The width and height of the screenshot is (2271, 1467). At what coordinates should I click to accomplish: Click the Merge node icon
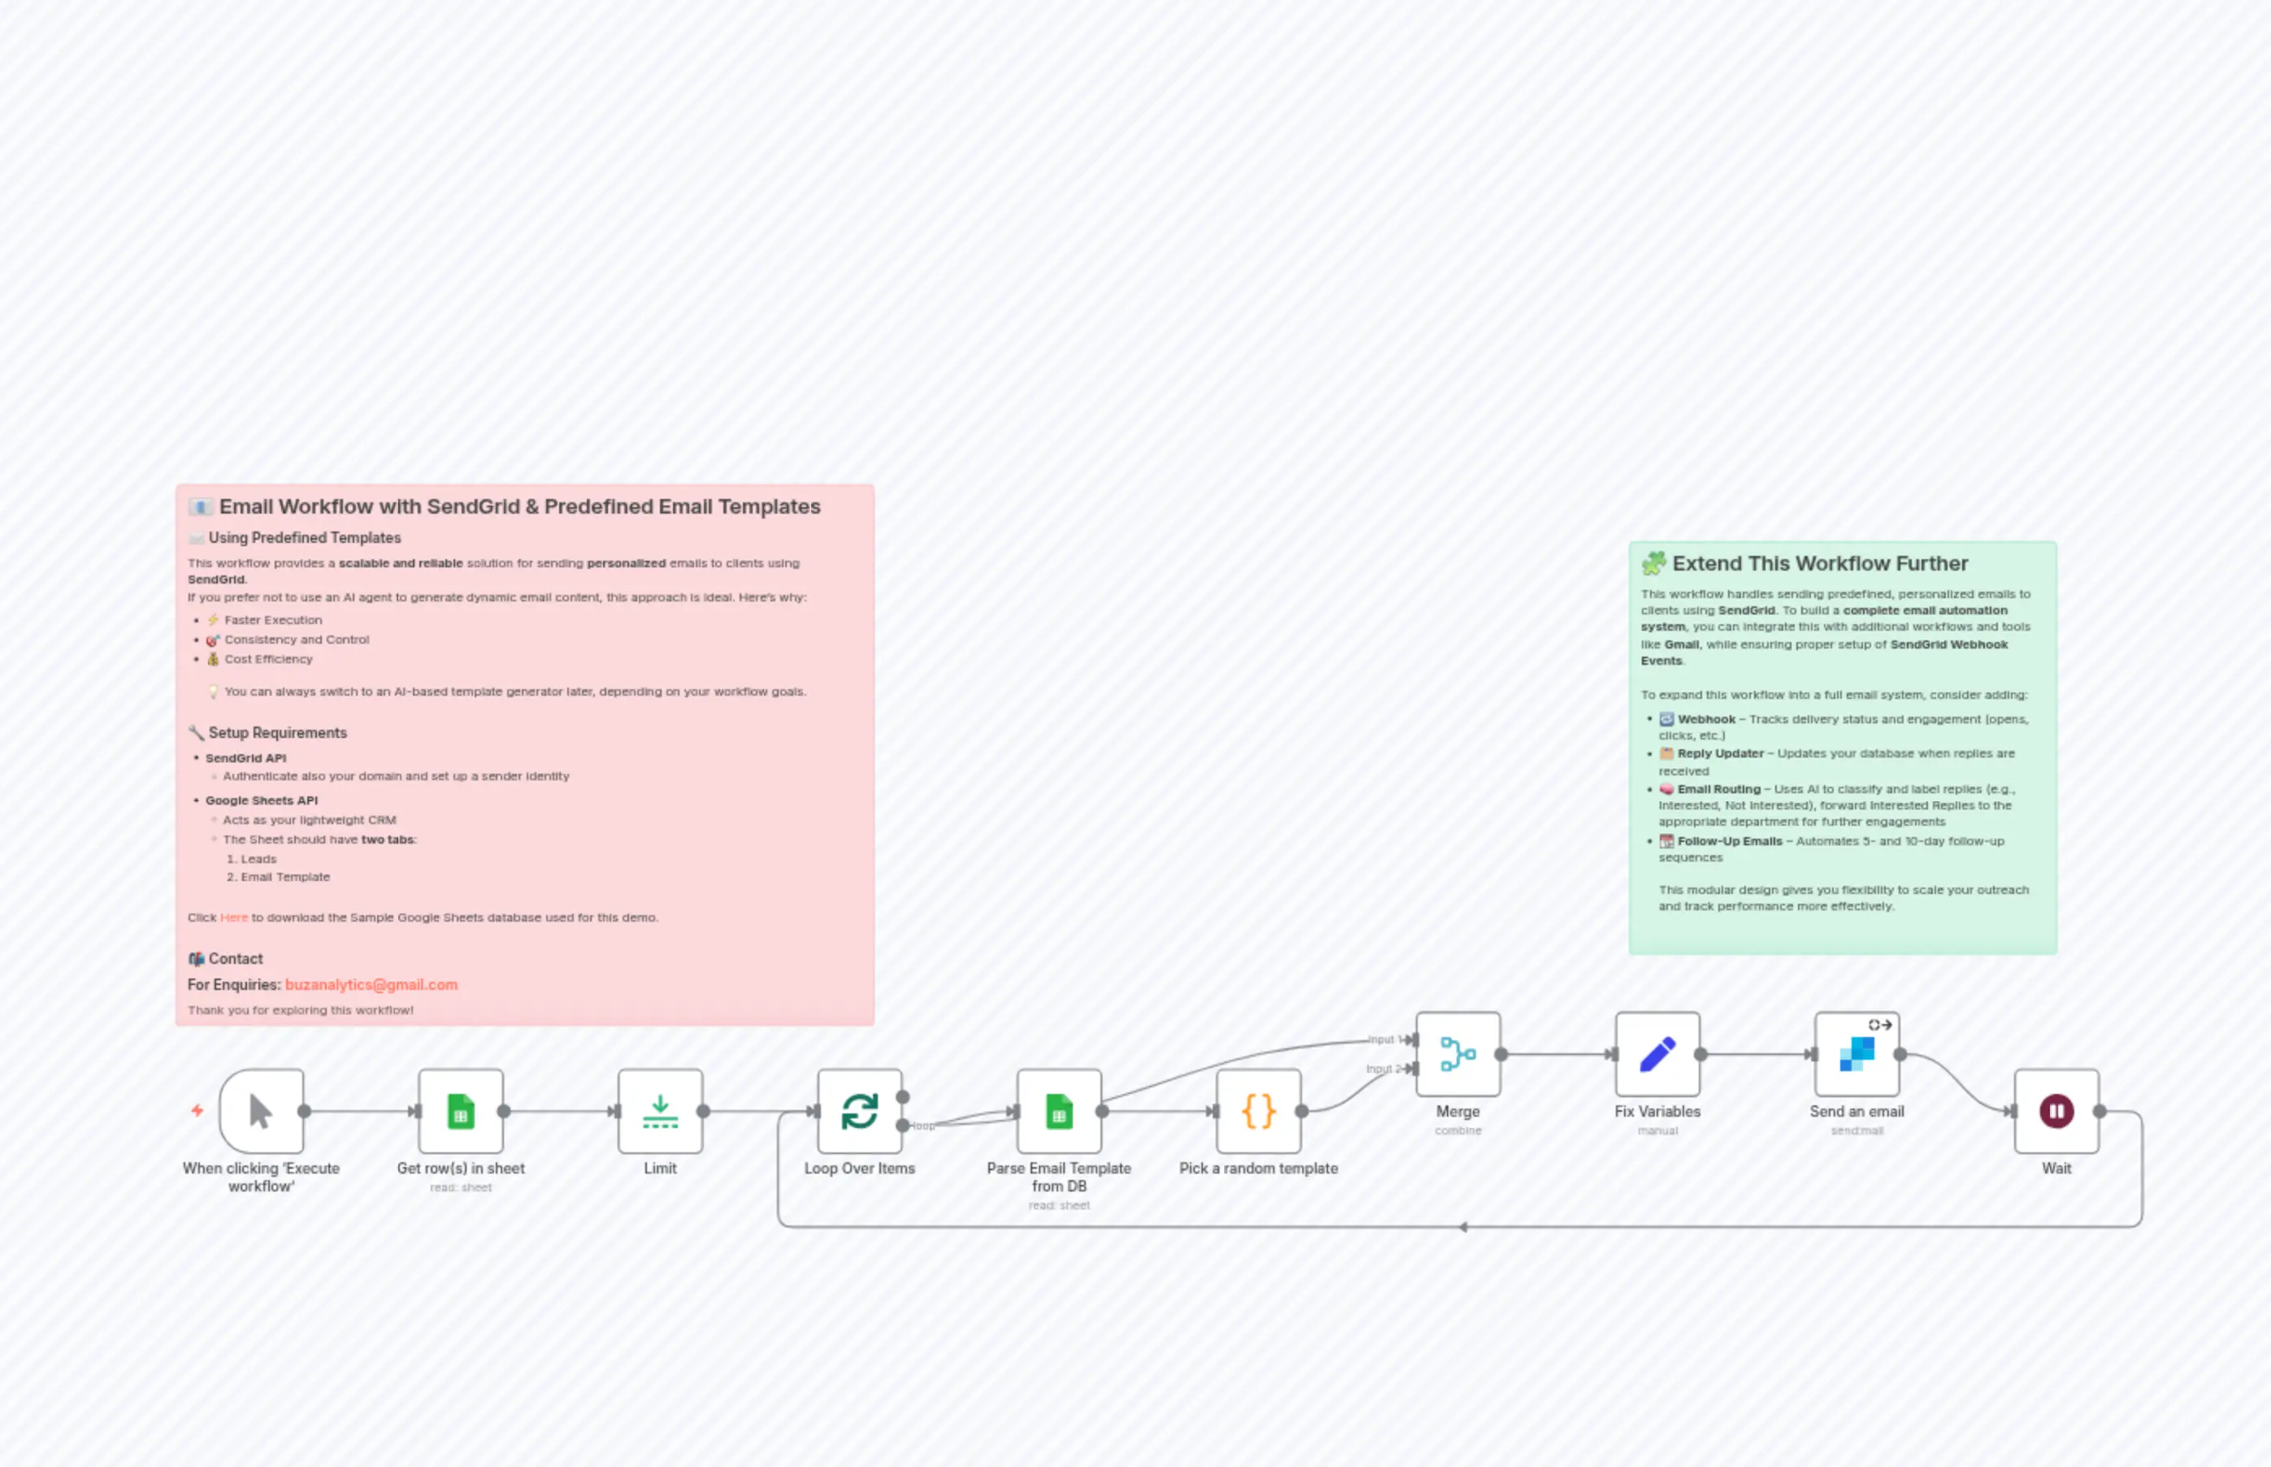(x=1457, y=1054)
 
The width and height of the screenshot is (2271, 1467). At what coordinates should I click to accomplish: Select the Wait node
(x=2056, y=1112)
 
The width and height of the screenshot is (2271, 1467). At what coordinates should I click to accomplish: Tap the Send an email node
(x=1856, y=1054)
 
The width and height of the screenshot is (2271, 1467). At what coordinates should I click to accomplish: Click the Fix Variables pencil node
(x=1657, y=1054)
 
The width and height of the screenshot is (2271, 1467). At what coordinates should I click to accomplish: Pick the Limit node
(x=659, y=1112)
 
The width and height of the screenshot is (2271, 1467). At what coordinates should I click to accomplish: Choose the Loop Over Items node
(x=859, y=1112)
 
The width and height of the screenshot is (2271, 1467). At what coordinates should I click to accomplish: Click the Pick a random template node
(x=1257, y=1112)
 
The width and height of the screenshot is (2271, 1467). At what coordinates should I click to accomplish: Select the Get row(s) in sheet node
(x=460, y=1112)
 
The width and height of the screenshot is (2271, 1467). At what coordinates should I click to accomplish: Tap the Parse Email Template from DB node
(x=1058, y=1112)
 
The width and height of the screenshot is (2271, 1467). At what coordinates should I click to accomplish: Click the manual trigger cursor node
(x=261, y=1112)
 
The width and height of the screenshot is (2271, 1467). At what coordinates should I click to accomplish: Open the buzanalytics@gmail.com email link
(x=371, y=985)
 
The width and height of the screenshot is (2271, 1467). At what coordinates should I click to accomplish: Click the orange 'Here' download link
(x=233, y=918)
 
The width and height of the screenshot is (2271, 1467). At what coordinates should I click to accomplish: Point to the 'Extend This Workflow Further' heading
(x=1819, y=564)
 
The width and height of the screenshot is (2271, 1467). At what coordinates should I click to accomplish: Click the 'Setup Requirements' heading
(x=277, y=732)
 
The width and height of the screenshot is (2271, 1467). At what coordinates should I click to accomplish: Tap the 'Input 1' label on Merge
(x=1381, y=1039)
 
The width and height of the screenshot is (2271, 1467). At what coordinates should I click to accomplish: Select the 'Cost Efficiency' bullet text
(x=267, y=659)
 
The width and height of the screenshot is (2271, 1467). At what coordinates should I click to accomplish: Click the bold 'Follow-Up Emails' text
(x=1729, y=841)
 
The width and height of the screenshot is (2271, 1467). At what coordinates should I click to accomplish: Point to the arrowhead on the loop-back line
(x=1462, y=1227)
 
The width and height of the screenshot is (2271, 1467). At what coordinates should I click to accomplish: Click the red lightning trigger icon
(x=198, y=1111)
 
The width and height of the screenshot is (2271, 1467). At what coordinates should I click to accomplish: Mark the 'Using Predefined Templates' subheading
(x=304, y=538)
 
